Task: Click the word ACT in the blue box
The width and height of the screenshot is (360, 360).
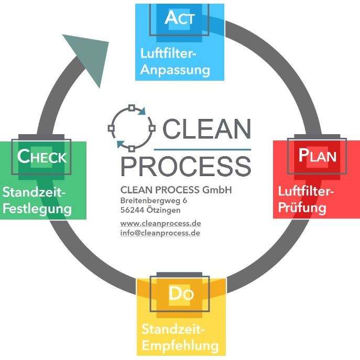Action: [180, 19]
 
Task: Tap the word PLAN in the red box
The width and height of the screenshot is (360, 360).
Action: [317, 156]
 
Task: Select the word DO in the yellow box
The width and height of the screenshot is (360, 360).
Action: [181, 294]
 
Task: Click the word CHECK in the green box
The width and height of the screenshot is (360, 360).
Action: [42, 157]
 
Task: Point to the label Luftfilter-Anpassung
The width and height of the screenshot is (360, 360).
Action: [175, 61]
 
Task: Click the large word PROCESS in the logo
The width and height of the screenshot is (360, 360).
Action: [186, 165]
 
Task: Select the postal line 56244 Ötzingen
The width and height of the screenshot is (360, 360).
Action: [151, 210]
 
